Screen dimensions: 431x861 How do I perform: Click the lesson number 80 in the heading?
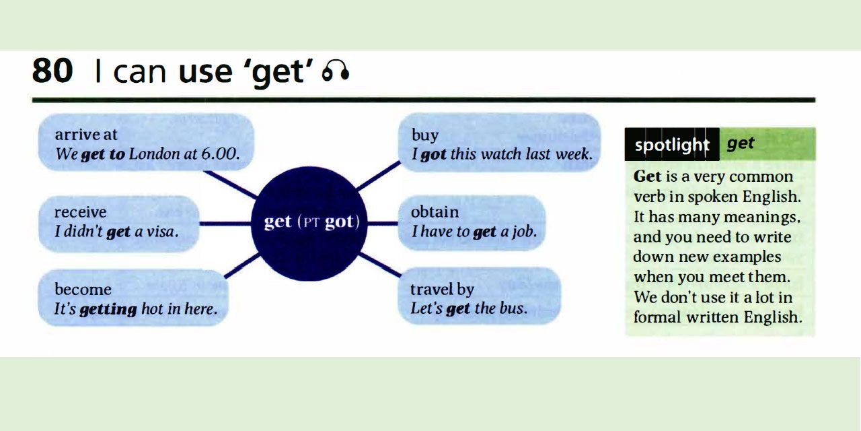tap(52, 70)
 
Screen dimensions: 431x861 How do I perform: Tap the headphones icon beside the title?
tap(336, 71)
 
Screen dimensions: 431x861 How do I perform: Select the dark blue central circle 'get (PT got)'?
tap(311, 223)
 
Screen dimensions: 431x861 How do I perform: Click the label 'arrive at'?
tap(86, 135)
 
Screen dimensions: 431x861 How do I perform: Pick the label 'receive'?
tap(81, 212)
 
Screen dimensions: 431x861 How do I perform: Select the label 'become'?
tap(83, 290)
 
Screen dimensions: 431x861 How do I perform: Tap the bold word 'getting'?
tap(108, 310)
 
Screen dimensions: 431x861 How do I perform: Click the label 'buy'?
tap(425, 135)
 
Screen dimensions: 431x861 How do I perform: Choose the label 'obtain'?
tap(435, 212)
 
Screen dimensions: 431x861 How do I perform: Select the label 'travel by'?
tap(443, 290)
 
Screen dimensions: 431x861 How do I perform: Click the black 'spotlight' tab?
tap(672, 145)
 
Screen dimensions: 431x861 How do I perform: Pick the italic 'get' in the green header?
tap(741, 143)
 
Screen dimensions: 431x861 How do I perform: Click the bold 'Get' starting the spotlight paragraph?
tap(648, 177)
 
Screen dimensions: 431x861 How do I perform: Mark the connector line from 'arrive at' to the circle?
tap(230, 185)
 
